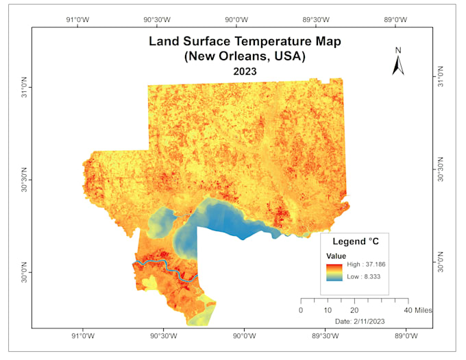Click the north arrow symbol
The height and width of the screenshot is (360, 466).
point(398,64)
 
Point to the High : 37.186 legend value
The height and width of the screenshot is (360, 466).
point(363,264)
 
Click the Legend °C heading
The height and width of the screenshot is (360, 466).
point(356,241)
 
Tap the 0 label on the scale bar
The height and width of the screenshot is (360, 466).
point(301,310)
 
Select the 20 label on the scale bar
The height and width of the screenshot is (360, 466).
point(354,310)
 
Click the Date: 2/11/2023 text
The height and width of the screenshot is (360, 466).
point(358,321)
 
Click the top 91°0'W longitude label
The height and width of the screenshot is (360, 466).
point(77,19)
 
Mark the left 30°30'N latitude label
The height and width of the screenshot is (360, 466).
point(21,180)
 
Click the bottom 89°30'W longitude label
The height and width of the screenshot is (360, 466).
point(323,337)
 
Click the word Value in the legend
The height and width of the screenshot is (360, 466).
point(335,255)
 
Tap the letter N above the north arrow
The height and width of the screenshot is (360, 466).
point(397,50)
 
